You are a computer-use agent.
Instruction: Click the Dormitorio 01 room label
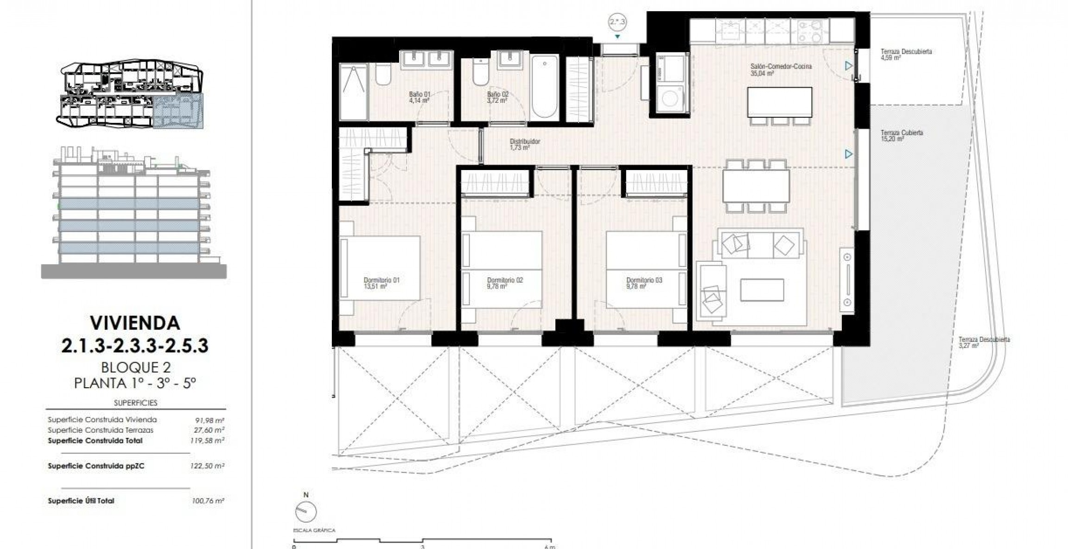pyautogui.click(x=381, y=283)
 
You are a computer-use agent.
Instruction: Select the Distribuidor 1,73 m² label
pyautogui.click(x=525, y=144)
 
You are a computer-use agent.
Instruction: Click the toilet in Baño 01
pyautogui.click(x=383, y=74)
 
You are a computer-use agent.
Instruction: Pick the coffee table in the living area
pyautogui.click(x=762, y=290)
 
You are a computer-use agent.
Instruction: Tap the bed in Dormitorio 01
pyautogui.click(x=380, y=268)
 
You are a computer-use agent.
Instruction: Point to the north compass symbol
pyautogui.click(x=305, y=511)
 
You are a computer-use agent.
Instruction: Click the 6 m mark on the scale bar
pyautogui.click(x=550, y=546)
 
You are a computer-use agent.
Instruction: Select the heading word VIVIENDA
pyautogui.click(x=135, y=323)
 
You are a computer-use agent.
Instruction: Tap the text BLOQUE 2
pyautogui.click(x=136, y=367)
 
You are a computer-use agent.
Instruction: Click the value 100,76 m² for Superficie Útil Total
pyautogui.click(x=208, y=501)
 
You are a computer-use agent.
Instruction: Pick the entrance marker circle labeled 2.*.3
pyautogui.click(x=617, y=22)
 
